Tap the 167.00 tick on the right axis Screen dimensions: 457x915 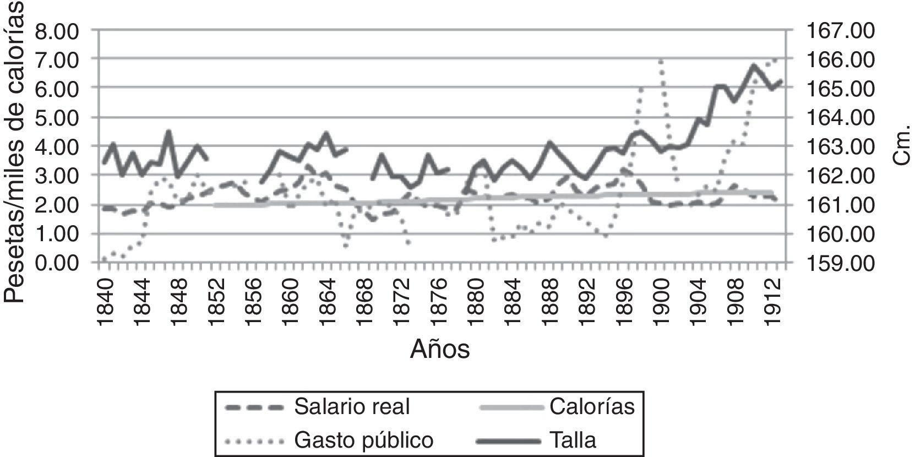[x=840, y=30]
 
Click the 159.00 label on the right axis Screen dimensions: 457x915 [x=840, y=263]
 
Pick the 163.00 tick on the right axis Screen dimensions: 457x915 [x=840, y=146]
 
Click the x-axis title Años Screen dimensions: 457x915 [x=440, y=349]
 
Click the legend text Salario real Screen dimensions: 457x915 [x=352, y=407]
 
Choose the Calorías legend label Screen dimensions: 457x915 [x=591, y=407]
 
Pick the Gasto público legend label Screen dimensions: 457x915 [x=364, y=440]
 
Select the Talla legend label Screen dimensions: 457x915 [x=572, y=440]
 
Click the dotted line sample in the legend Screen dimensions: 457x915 [x=254, y=440]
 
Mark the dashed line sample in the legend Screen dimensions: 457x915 [x=254, y=407]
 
